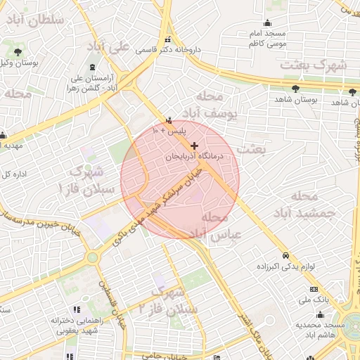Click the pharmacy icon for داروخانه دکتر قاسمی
click(x=168, y=40)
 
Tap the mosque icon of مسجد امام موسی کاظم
click(x=266, y=23)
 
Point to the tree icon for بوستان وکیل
click(x=18, y=52)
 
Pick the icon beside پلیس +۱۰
click(x=168, y=120)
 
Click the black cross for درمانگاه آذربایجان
click(x=195, y=146)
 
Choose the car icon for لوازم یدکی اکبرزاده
click(x=285, y=256)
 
